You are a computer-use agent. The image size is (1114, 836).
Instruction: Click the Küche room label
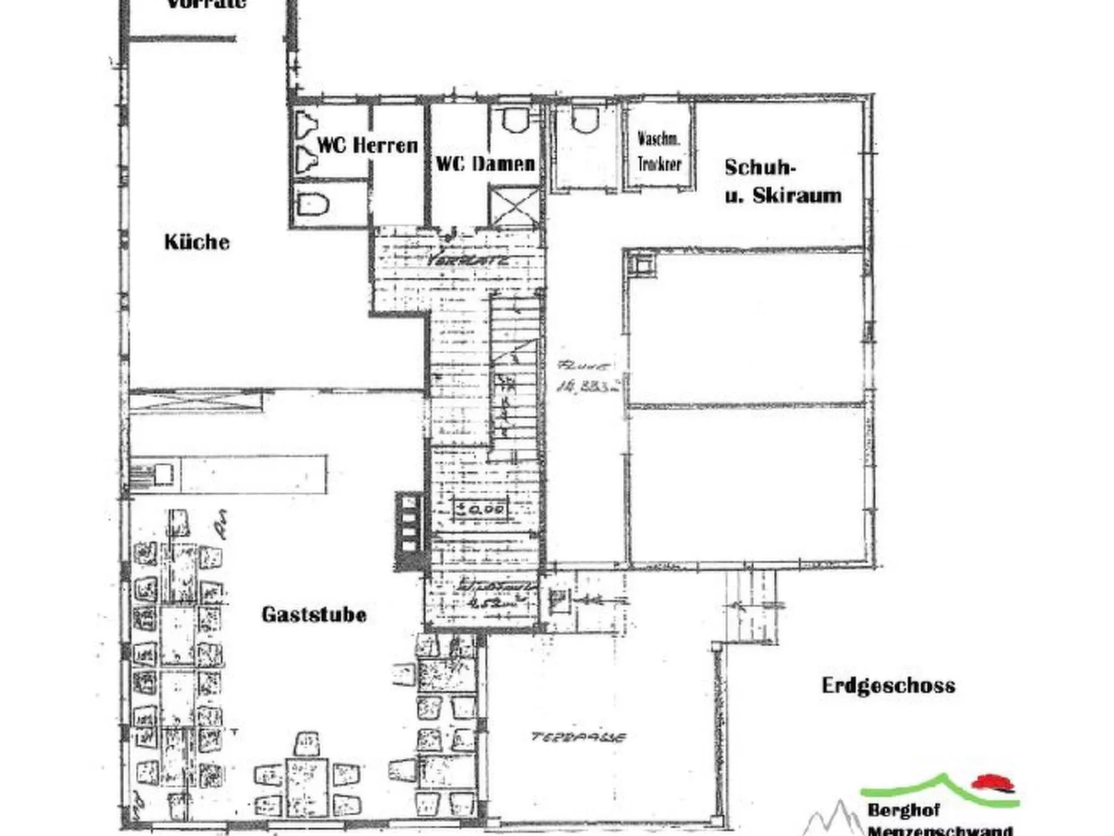[x=196, y=241]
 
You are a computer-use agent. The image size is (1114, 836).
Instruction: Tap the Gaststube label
[x=314, y=614]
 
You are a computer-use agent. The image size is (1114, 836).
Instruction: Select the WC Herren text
[x=367, y=145]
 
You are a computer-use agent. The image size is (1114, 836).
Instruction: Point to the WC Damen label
[x=485, y=164]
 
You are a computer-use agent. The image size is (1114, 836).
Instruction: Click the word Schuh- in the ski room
[x=760, y=167]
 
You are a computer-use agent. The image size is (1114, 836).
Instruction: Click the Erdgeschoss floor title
[x=888, y=685]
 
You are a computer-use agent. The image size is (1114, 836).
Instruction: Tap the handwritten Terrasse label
[x=579, y=737]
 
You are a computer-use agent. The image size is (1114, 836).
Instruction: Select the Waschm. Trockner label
[x=658, y=151]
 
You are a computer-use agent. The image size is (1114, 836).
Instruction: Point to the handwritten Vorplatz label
[x=468, y=260]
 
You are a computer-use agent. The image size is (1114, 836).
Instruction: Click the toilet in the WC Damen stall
[x=514, y=121]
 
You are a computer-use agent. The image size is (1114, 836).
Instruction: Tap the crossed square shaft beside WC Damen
[x=514, y=206]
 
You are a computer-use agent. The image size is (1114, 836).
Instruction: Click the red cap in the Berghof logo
[x=994, y=783]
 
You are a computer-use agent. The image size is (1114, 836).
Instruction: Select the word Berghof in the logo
[x=903, y=810]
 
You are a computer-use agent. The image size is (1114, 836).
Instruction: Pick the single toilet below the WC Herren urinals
[x=312, y=205]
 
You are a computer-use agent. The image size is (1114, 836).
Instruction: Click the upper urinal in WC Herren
[x=306, y=127]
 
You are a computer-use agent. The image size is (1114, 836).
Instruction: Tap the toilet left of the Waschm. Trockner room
[x=583, y=121]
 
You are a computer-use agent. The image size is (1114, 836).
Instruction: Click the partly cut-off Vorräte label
[x=207, y=4]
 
